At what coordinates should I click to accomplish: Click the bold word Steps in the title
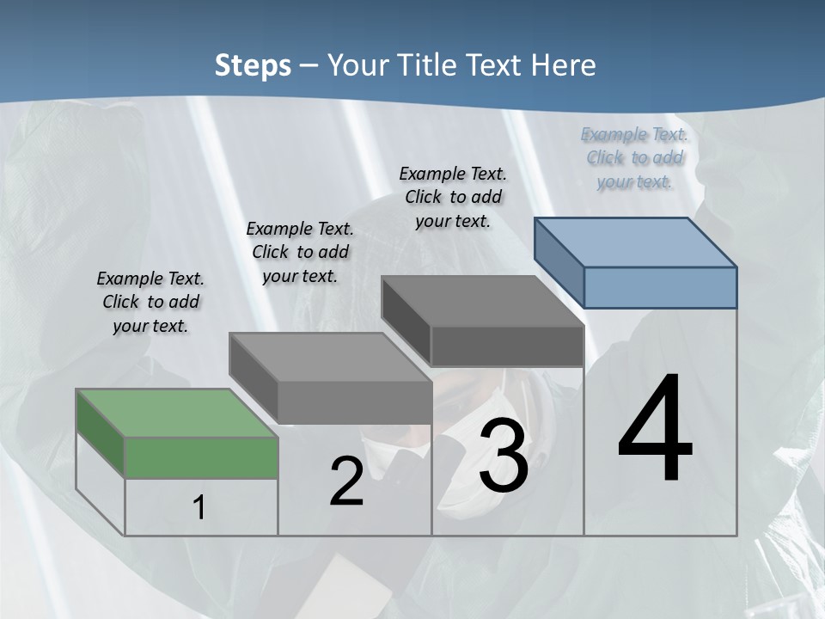[x=252, y=65]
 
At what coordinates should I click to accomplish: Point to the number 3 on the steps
[x=504, y=457]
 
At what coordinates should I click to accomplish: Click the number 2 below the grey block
[x=346, y=482]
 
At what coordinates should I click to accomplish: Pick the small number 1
[x=199, y=508]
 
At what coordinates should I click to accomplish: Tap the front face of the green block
[x=201, y=457]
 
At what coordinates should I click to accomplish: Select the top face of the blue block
[x=636, y=242]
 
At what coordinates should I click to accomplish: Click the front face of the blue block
[x=660, y=287]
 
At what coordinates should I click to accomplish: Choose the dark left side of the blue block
[x=559, y=262]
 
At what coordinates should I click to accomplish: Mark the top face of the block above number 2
[x=331, y=357]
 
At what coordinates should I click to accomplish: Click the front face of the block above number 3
[x=507, y=346]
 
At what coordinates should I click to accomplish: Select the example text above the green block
[x=150, y=302]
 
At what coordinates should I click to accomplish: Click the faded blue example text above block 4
[x=634, y=157]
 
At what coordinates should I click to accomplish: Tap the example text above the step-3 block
[x=453, y=197]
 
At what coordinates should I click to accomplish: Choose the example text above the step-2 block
[x=300, y=252]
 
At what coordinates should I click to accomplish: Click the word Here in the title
[x=566, y=65]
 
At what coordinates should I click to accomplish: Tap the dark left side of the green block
[x=101, y=432]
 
